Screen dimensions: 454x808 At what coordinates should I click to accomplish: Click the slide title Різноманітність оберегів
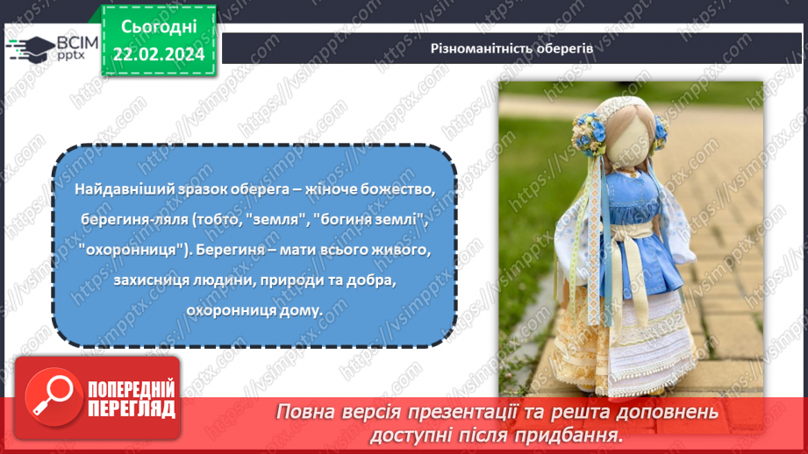(x=511, y=48)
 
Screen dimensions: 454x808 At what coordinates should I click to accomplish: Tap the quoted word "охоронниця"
(x=123, y=249)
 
